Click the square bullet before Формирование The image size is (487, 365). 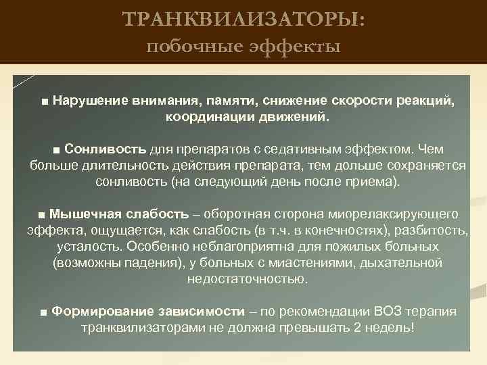tap(43, 312)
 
